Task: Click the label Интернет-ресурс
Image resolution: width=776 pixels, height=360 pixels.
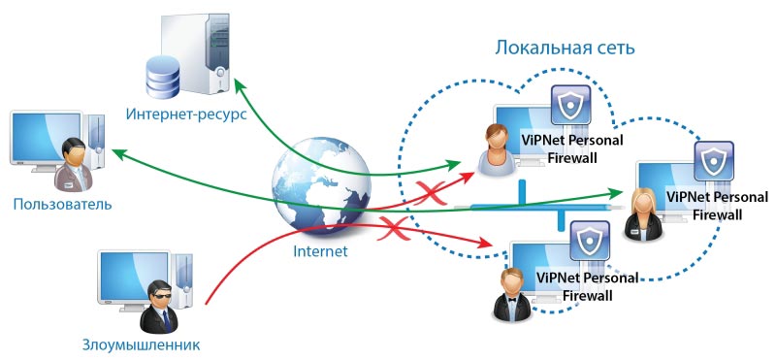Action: [x=186, y=115]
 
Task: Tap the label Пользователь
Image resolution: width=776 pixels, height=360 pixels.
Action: [x=63, y=205]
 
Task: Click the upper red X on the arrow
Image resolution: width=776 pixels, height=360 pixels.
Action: [x=424, y=185]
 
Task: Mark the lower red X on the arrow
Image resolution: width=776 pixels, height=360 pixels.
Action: [x=391, y=229]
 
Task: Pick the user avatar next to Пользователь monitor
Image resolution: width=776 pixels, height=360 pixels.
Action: [x=73, y=165]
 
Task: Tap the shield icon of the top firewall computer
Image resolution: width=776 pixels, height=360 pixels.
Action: [x=569, y=107]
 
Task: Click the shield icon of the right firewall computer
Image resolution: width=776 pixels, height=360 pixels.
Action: [x=715, y=161]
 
